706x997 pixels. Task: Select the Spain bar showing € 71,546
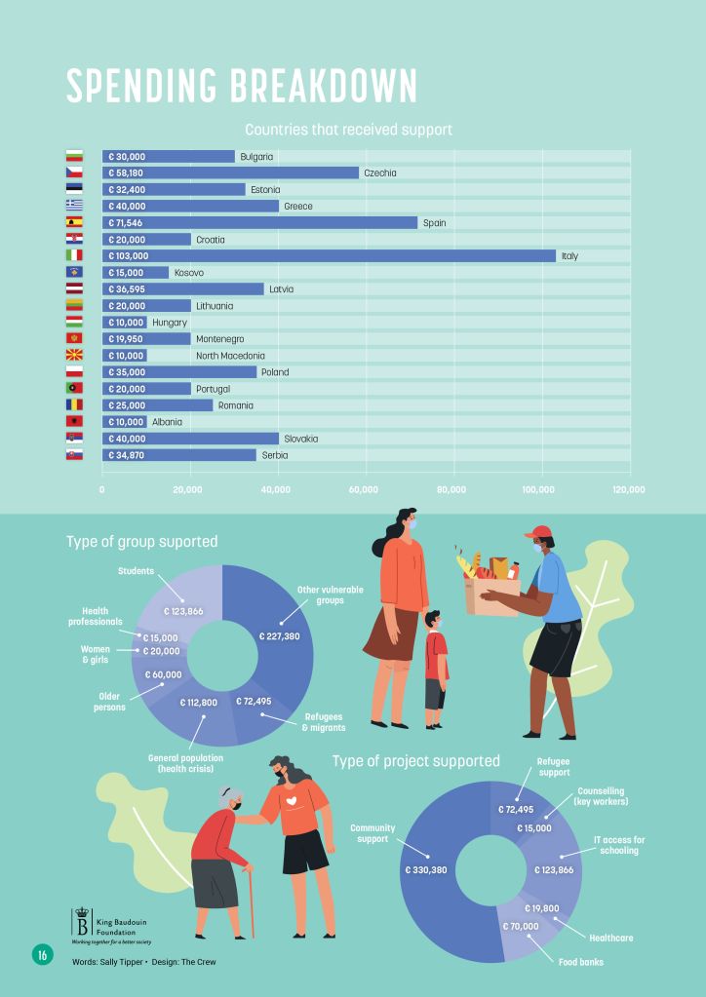(259, 223)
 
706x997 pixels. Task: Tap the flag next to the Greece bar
(75, 206)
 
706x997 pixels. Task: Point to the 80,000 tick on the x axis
(451, 489)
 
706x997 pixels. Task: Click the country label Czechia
(379, 173)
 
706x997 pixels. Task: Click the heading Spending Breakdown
(242, 86)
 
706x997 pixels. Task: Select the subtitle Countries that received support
(348, 130)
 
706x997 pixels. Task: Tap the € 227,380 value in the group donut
(280, 636)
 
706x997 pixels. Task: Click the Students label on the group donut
(137, 571)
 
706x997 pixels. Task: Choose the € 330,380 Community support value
(425, 869)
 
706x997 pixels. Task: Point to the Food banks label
(581, 962)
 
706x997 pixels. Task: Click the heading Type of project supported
(416, 760)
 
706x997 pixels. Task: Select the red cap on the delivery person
(536, 532)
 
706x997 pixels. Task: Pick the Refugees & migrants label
(323, 721)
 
